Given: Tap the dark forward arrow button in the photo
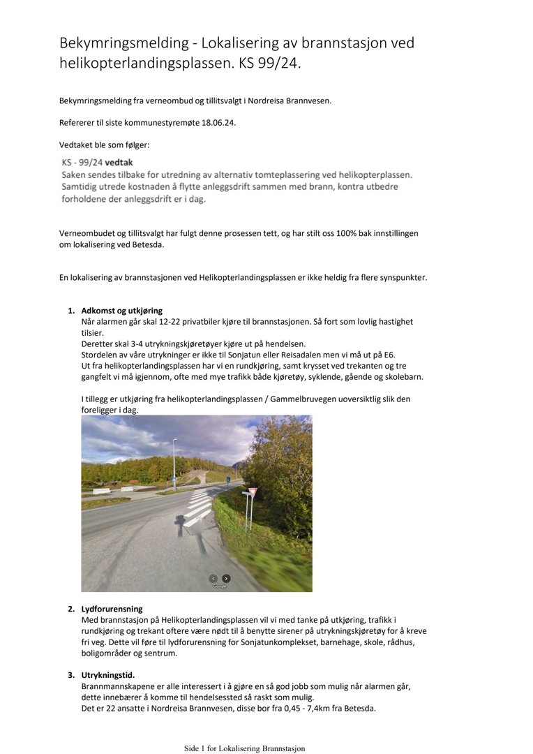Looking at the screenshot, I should (226, 578).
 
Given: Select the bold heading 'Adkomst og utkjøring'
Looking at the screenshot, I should (122, 311).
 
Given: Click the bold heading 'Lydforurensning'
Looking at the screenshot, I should (112, 609).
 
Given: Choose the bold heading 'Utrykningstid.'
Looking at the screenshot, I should (108, 675).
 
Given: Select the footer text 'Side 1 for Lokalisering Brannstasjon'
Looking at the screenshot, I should (244, 748).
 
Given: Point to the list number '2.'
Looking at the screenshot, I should (71, 609).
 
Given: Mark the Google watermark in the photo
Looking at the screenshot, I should (220, 586).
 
